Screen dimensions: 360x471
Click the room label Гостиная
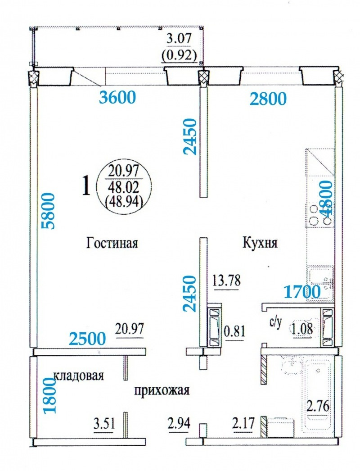pos(112,243)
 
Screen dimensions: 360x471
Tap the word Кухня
pos(260,243)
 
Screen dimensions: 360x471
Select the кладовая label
pos(79,376)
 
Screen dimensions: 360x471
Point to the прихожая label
pos(162,390)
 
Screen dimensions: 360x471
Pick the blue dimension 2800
pos(268,99)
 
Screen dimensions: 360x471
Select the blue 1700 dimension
pos(302,292)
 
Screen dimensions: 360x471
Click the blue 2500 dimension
pos(87,338)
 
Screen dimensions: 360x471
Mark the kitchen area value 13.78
pos(226,281)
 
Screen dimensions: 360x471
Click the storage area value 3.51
pos(103,424)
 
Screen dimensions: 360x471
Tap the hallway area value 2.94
pos(179,424)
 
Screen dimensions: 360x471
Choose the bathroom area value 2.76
pos(318,407)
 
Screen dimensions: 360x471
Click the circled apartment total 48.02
pos(124,188)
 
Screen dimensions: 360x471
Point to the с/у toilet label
pos(275,324)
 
